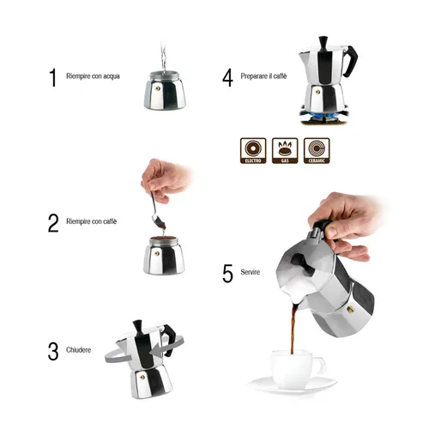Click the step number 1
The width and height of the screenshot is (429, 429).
click(52, 77)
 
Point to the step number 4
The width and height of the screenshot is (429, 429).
click(227, 77)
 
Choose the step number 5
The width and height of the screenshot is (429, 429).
click(227, 273)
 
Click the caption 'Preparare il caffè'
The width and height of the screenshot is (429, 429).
click(264, 77)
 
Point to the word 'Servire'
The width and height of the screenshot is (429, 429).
click(251, 273)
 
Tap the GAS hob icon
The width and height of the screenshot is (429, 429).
click(286, 148)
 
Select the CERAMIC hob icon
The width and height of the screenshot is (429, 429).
click(316, 148)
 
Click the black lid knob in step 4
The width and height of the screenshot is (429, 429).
click(323, 42)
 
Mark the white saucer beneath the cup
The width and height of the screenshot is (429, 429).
click(292, 386)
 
